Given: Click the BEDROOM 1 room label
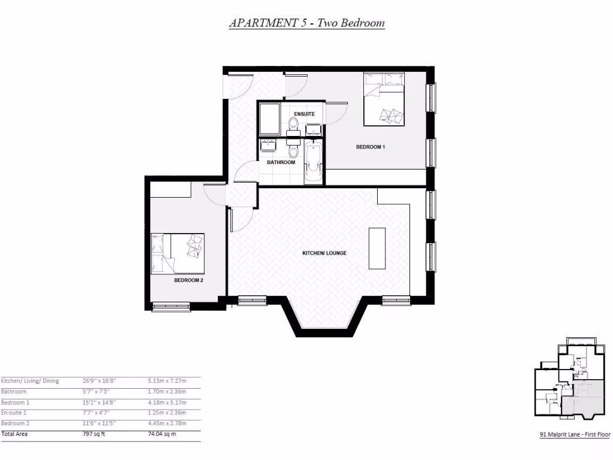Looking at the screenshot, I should point(369,147).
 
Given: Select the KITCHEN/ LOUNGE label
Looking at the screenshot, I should point(324,253).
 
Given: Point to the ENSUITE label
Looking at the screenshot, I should point(304,114).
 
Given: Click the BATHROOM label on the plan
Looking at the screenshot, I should point(281,162).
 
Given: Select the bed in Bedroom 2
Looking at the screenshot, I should point(178,253).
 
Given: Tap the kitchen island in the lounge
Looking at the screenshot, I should point(377,249).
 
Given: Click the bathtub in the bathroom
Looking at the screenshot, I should point(313,163).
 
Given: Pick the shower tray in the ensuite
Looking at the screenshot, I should point(269,119).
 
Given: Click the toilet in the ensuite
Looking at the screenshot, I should point(293,124).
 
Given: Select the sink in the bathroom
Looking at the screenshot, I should point(268,145).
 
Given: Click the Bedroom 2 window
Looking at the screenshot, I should point(171,307).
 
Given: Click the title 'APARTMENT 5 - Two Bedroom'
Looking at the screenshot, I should point(306,23).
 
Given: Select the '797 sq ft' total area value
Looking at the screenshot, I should point(93,434).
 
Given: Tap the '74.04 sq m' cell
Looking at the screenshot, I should point(162,434).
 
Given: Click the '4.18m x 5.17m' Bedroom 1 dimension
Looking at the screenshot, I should point(166,402).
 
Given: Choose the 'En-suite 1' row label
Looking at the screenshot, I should point(14,413).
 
